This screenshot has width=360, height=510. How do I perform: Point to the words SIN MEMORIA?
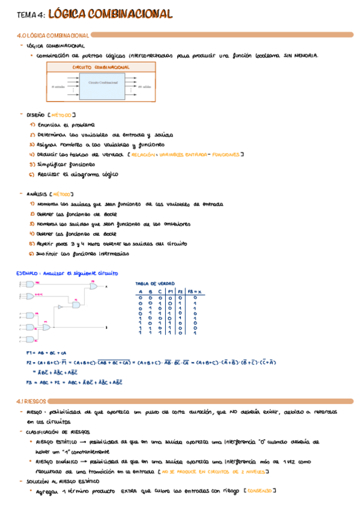coord(301,55)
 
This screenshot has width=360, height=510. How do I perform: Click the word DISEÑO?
coord(35,114)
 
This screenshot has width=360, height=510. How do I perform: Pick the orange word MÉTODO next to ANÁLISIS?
coord(61,194)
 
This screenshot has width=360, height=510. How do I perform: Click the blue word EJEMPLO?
coord(26,273)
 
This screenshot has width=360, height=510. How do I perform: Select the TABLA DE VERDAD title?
coord(155,283)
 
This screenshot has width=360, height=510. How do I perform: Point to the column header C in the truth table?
coord(160,291)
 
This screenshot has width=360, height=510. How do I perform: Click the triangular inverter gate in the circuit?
coord(59,307)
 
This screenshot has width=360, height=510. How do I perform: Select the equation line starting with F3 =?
coord(74,381)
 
